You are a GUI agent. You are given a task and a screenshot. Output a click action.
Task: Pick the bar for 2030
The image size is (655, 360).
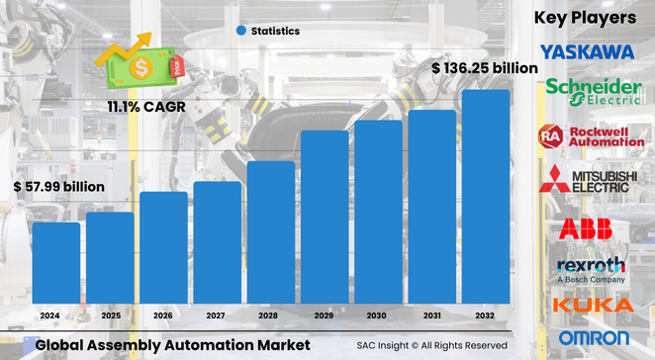[x=378, y=212]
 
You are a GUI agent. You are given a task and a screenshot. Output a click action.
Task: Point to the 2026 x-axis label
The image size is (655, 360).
[x=162, y=315]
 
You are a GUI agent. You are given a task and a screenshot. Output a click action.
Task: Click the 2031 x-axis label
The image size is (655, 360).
[x=431, y=315]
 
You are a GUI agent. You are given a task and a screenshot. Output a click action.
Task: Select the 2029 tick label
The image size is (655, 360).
[x=324, y=315]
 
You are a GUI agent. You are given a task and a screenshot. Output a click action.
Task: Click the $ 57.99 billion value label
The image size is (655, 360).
[x=59, y=186]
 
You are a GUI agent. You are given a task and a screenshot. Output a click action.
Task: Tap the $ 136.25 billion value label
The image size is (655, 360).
[x=485, y=68]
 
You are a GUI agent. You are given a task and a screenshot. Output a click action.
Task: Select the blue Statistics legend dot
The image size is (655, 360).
[x=240, y=31]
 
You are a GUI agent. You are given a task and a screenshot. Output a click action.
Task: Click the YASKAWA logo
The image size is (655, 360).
[x=588, y=50]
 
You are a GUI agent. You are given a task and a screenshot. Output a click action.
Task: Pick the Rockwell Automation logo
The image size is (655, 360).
[x=591, y=136]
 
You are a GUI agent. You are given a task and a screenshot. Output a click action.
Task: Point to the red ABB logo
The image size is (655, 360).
[x=586, y=229]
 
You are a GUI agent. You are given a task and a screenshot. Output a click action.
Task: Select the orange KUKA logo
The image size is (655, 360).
[x=593, y=306]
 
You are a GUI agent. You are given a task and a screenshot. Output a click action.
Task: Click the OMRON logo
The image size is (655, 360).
[x=593, y=338]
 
